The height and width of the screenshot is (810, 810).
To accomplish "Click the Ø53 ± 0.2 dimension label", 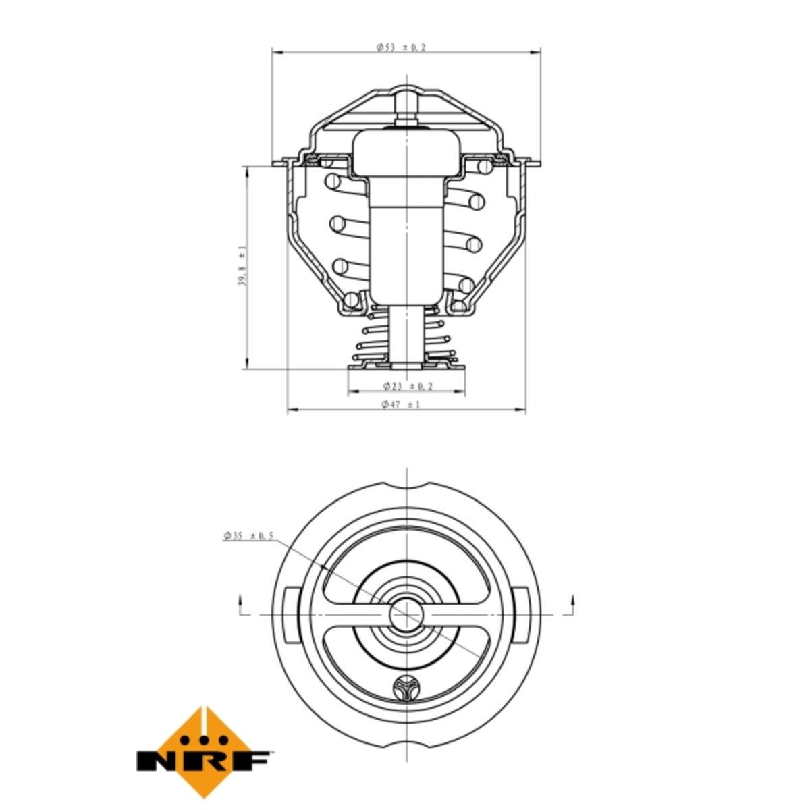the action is [x=400, y=47].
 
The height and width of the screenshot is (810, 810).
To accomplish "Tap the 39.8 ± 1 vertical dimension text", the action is [x=242, y=266].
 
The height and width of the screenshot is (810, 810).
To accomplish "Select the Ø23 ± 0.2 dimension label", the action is [x=407, y=386].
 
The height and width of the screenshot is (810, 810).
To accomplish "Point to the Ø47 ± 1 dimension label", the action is [x=400, y=404].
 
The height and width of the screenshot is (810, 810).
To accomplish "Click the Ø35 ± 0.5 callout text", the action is [x=249, y=535].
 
